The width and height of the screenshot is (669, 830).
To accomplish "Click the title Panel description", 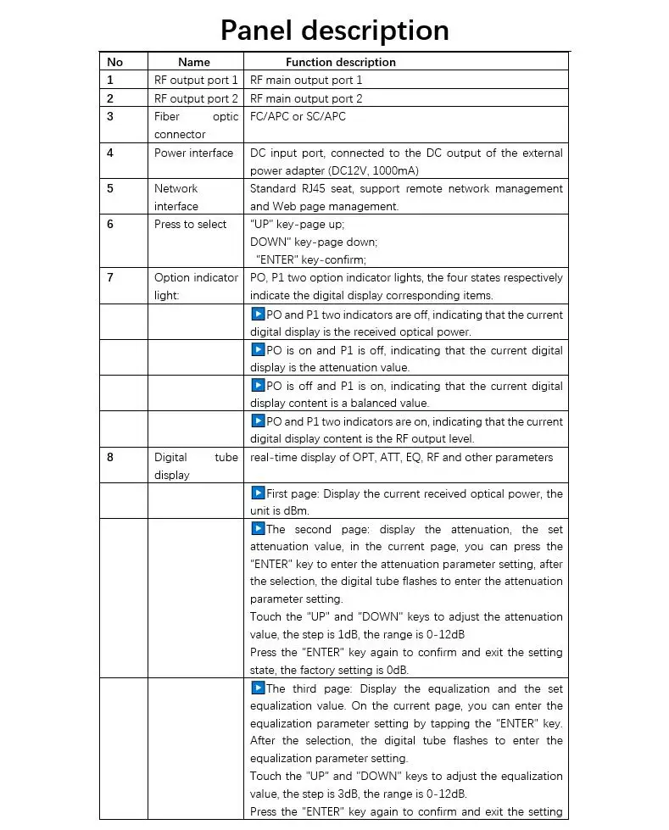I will (x=334, y=31).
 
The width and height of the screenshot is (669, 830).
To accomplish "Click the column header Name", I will (x=193, y=62).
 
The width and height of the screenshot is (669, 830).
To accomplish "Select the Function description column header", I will (x=340, y=62).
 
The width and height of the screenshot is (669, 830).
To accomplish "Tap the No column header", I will (x=115, y=62).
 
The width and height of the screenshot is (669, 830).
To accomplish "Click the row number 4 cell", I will (x=111, y=153).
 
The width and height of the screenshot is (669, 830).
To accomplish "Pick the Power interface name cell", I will (x=193, y=153).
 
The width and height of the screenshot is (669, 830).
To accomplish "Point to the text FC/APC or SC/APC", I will (x=298, y=116).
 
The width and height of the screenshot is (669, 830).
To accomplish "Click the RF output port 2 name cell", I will (x=196, y=98).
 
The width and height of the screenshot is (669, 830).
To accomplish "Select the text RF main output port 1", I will (x=306, y=80).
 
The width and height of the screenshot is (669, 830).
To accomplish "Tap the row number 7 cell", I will (x=111, y=277).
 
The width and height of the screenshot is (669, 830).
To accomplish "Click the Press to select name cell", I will (x=191, y=224).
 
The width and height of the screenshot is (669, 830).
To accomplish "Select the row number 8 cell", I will (x=111, y=457).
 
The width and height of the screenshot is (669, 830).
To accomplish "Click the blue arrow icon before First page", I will (x=258, y=493).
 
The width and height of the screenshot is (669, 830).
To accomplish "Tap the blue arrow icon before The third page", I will (x=258, y=688).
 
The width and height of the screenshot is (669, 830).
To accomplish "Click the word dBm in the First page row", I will (x=296, y=510).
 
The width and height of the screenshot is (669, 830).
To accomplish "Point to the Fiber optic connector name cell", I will (x=196, y=125).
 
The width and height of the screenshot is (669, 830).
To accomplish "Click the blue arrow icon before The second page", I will (x=258, y=528).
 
